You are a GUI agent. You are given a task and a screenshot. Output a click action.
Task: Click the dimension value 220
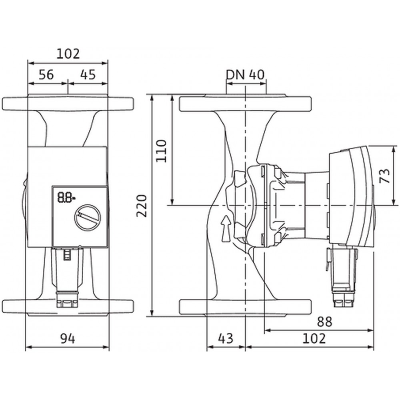142,206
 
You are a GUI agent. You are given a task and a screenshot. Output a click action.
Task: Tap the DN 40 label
245,74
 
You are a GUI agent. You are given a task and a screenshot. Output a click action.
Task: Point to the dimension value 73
385,176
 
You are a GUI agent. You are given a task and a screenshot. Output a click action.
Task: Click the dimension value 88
324,322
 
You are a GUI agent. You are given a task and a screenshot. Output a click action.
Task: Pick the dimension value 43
226,338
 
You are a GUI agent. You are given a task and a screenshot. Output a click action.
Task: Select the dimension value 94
68,339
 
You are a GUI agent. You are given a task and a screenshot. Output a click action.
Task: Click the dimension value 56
46,75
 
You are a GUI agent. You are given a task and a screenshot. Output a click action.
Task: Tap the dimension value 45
88,75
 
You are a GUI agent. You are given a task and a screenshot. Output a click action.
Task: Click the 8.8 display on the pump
66,198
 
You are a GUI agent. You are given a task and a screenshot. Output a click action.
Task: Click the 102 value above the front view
68,54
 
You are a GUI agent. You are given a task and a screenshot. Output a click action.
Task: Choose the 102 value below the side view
314,338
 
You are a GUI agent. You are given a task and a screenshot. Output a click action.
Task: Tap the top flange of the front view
68,103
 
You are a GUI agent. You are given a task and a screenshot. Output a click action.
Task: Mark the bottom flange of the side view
245,307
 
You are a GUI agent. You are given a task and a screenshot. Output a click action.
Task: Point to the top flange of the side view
245,103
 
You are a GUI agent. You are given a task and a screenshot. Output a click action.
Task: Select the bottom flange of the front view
68,307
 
